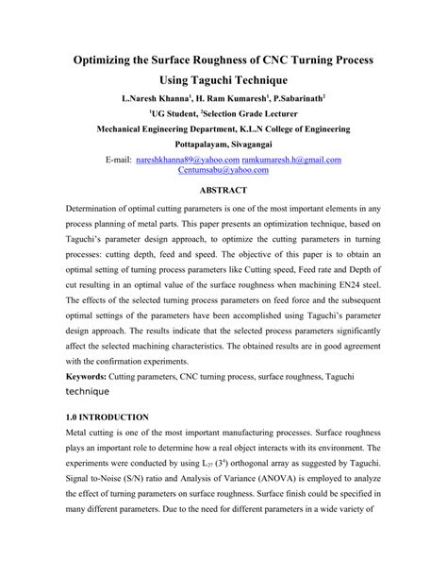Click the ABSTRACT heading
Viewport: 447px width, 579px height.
[x=223, y=190]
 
